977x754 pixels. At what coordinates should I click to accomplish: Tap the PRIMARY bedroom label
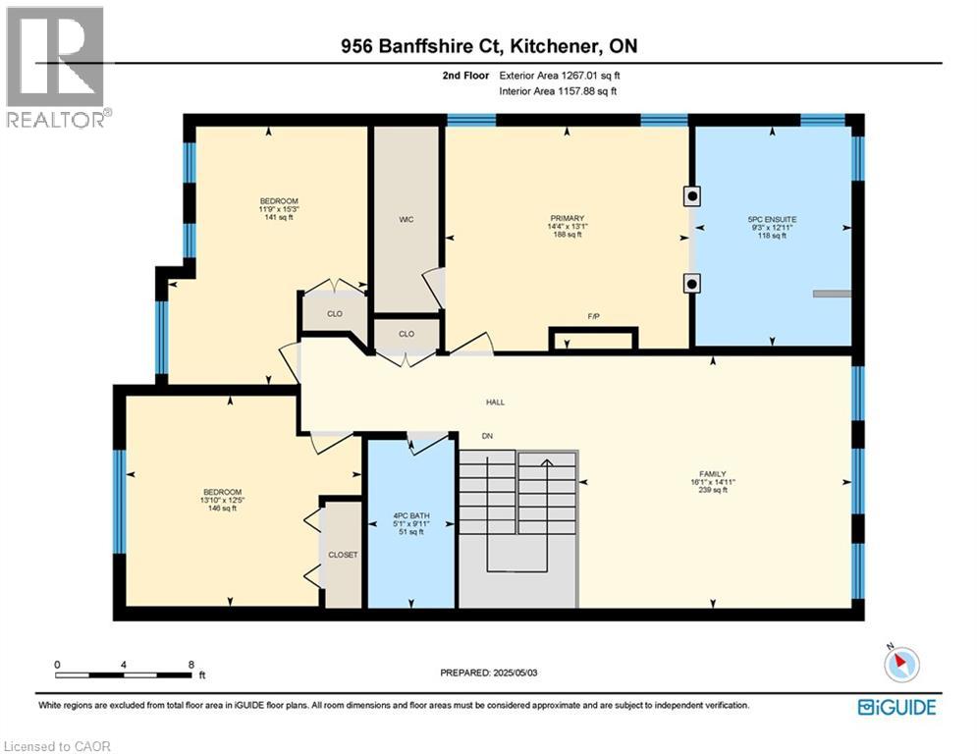pos(568,218)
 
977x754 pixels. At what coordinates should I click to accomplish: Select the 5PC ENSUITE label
pos(772,218)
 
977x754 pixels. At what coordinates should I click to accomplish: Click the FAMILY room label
pos(713,474)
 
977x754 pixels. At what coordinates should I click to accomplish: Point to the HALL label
pos(495,402)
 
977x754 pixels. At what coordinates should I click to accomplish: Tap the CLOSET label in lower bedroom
pos(344,555)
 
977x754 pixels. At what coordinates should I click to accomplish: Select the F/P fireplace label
pos(593,316)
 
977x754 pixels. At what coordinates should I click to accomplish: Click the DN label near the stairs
pos(486,436)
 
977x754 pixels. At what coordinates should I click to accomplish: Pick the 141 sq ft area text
pos(278,218)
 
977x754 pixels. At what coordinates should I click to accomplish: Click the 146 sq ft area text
pos(222,509)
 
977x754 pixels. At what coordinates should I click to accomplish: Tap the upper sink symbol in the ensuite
pos(692,195)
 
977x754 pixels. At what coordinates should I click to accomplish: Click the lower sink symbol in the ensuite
pos(692,285)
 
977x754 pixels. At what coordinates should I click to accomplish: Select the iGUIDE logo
pos(896,707)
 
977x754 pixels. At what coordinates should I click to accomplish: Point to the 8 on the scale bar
pos(190,664)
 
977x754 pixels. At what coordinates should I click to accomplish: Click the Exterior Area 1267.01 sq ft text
pos(559,75)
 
